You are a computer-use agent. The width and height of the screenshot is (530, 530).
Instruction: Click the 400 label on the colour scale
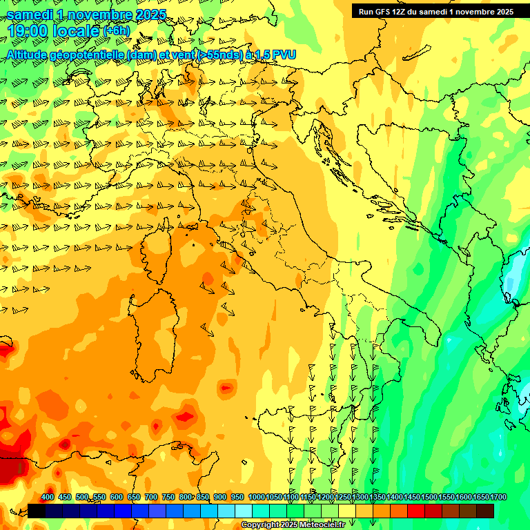47,498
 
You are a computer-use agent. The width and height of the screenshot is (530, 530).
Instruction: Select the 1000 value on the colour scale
256,498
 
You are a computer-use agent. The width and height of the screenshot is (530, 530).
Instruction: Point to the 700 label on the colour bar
151,498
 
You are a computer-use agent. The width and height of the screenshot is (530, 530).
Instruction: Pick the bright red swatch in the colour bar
415,511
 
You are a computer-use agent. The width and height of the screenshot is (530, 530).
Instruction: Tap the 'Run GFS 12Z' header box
435,12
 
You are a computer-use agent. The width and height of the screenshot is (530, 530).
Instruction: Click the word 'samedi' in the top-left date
32,14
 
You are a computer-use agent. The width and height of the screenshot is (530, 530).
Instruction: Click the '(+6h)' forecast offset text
116,31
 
